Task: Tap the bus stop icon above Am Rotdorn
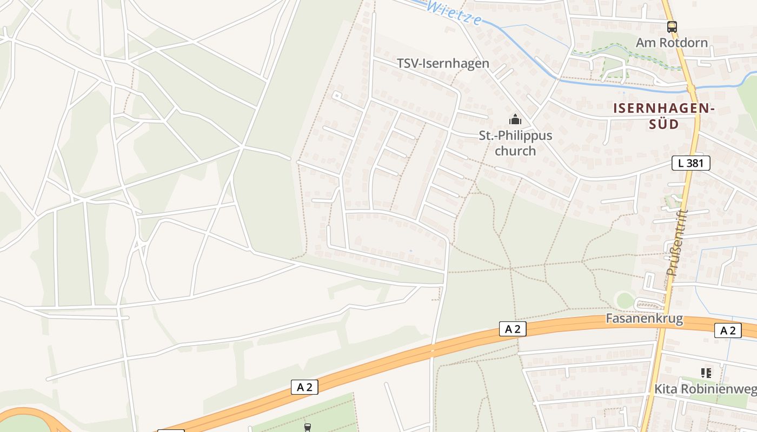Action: point(672,26)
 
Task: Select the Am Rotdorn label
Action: point(672,42)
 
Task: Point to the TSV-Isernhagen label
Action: point(443,63)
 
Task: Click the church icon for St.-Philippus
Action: point(515,119)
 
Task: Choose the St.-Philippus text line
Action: point(515,135)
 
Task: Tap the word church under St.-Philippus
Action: point(515,151)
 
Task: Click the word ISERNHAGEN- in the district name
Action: point(664,109)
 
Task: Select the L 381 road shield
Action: point(690,163)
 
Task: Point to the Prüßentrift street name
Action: point(677,243)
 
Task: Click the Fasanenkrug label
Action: point(644,319)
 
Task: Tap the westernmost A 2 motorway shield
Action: point(304,387)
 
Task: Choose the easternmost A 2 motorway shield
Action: point(727,330)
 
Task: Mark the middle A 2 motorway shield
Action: point(512,329)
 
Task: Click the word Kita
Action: point(666,389)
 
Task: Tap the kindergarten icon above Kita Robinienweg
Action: point(705,373)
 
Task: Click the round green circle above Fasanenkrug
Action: point(625,300)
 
